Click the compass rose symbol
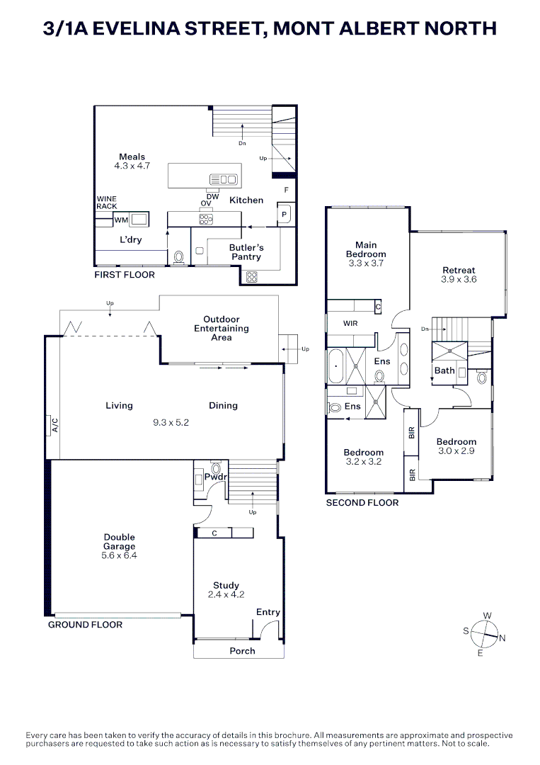coord(485,633)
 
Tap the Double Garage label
coord(119,542)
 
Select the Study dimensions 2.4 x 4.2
coord(226,595)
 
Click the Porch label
coord(242,651)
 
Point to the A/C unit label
coord(54,425)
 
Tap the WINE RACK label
coord(107,203)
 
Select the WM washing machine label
coord(121,220)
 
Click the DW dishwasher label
coord(212,196)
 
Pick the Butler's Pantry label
coord(246,252)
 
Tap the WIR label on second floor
coord(350,323)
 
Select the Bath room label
coord(444,370)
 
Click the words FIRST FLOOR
coord(125,275)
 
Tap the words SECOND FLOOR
coord(362,503)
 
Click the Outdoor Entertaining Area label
coord(222,329)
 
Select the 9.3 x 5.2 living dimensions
coord(171,423)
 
